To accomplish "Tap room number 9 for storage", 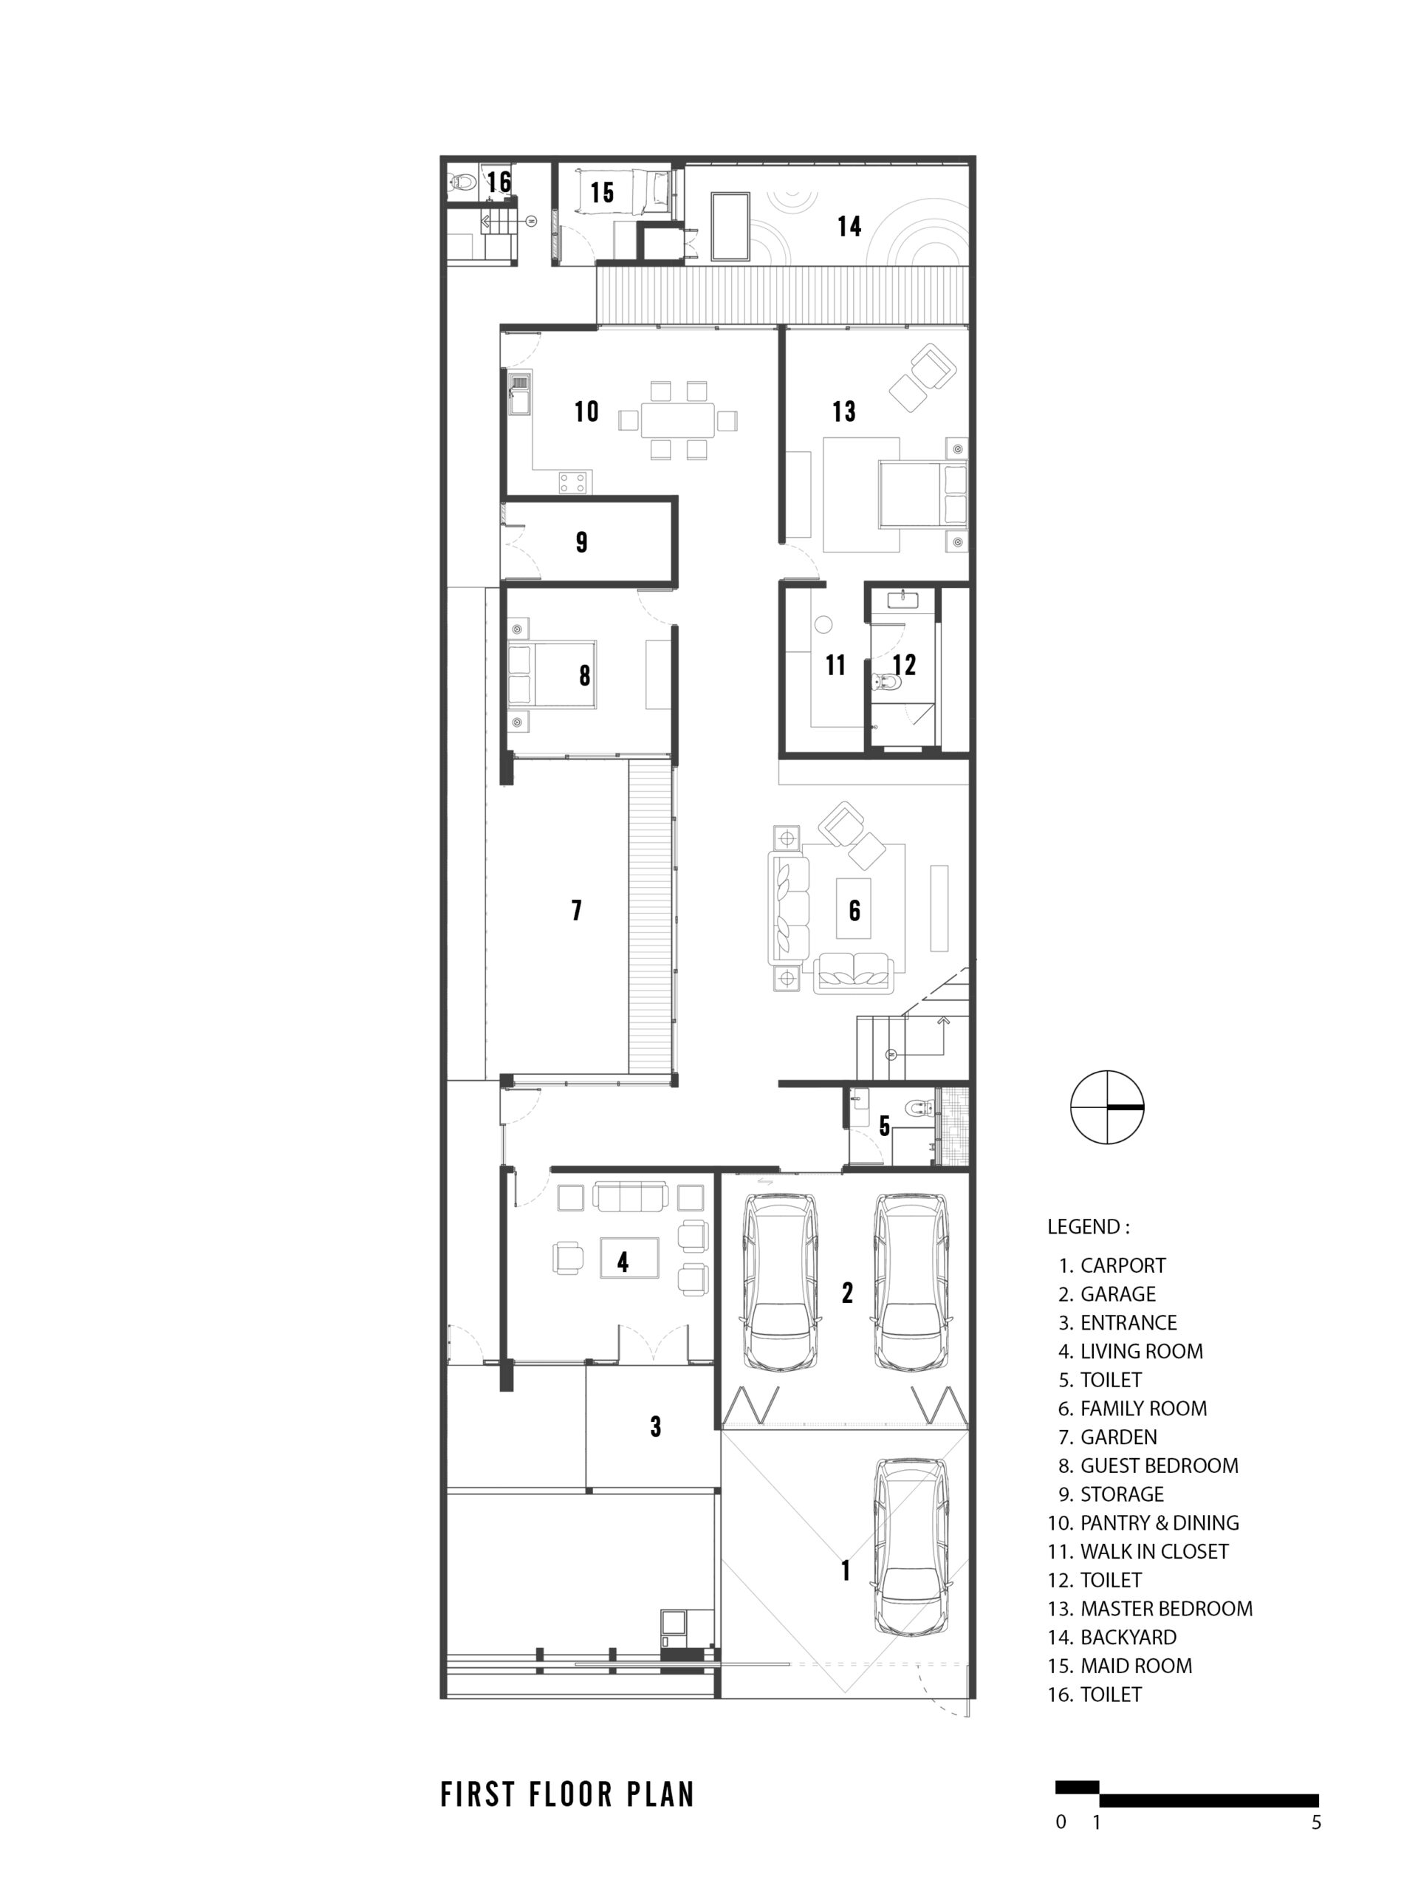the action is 581,542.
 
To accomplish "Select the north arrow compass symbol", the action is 1107,1107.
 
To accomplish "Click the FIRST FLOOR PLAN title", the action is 567,1794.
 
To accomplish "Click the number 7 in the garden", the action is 577,909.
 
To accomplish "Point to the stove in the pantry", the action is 572,482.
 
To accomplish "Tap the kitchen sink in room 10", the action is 518,394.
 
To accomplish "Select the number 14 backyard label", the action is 849,226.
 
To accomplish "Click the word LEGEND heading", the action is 1088,1227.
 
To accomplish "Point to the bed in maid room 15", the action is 623,191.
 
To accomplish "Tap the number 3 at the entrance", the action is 656,1426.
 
